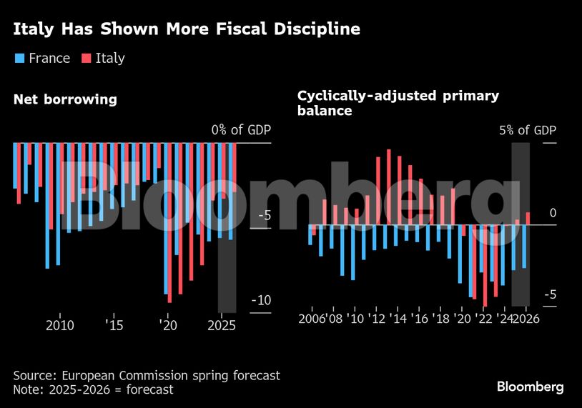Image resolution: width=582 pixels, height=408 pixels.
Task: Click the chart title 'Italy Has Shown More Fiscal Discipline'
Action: (187, 29)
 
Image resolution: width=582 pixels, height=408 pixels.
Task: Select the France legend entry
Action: (42, 59)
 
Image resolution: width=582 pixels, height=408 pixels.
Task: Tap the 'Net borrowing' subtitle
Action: (65, 99)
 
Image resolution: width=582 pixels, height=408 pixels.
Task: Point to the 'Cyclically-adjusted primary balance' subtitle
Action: (398, 103)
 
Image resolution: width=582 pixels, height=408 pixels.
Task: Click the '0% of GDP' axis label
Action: (241, 130)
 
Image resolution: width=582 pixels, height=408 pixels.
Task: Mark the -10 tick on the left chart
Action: (260, 300)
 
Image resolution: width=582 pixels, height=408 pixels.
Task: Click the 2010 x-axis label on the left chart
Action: (59, 326)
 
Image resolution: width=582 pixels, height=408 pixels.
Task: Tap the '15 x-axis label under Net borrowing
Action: (114, 326)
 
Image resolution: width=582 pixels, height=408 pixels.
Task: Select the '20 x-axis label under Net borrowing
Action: (167, 326)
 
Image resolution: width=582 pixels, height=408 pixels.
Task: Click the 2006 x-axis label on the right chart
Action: (312, 319)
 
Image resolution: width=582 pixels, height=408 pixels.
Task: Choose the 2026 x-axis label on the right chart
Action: (526, 319)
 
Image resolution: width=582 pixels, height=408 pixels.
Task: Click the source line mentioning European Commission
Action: (147, 375)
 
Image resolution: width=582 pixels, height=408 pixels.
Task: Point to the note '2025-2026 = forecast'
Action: (94, 390)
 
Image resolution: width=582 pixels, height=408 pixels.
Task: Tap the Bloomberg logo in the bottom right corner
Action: (530, 387)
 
